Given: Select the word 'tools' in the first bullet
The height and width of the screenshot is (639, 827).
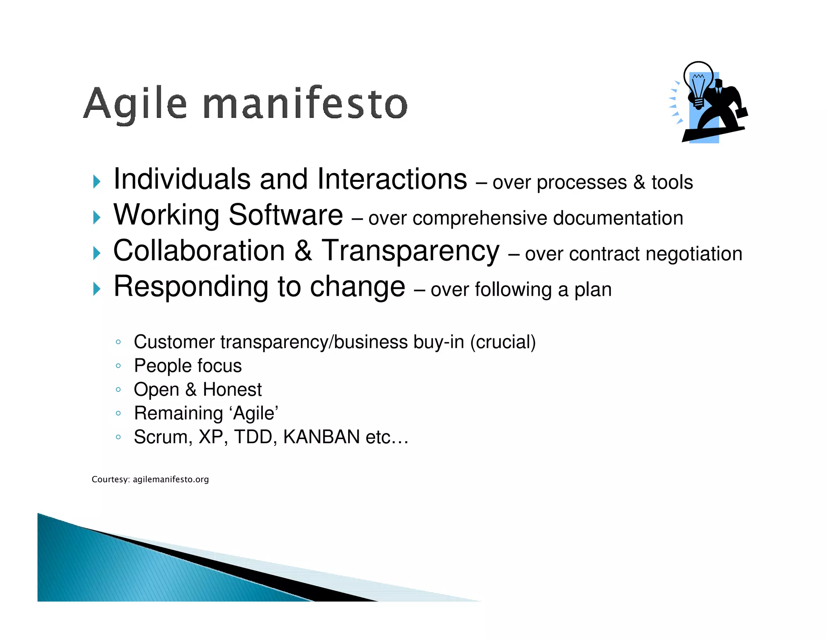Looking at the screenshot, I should pos(672,182).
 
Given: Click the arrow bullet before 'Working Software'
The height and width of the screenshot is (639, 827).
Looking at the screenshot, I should pos(97,217).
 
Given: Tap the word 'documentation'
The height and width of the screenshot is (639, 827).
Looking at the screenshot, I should pos(618,218).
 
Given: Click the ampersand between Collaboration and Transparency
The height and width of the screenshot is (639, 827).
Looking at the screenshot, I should pos(303,251).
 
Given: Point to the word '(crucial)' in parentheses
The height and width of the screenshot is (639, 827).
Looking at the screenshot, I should pos(503,342).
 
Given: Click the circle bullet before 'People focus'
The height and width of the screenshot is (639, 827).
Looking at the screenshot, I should pos(118,366).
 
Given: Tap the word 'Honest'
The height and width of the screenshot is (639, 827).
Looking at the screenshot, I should pos(232,390).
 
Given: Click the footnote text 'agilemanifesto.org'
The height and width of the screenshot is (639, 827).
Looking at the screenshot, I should pos(170,479).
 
